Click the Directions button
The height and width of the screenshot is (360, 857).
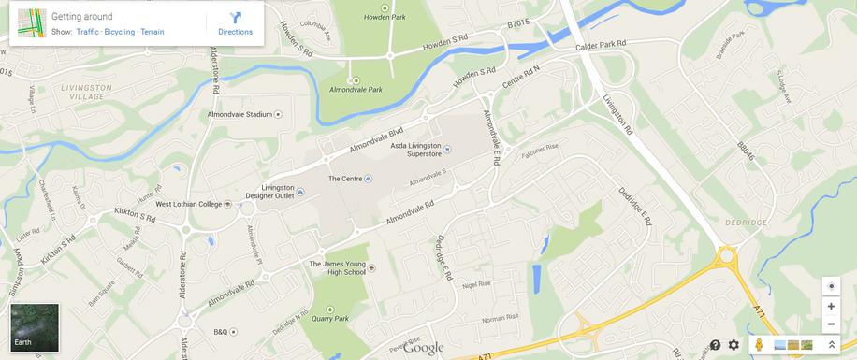click(x=235, y=23)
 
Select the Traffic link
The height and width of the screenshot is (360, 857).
click(x=87, y=32)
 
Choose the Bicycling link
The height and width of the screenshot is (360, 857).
click(x=120, y=32)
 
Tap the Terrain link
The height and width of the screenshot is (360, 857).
click(x=153, y=32)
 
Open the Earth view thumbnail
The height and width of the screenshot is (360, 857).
click(x=35, y=326)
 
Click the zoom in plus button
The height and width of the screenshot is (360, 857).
click(x=830, y=306)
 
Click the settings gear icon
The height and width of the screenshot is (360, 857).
click(x=734, y=345)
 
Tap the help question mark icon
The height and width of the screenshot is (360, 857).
click(x=715, y=345)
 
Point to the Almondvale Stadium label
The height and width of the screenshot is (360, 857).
click(x=239, y=114)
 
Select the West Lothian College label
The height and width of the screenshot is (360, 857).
click(x=189, y=204)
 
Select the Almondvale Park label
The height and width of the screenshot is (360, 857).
click(x=356, y=90)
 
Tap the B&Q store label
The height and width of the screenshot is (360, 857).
click(x=221, y=332)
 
